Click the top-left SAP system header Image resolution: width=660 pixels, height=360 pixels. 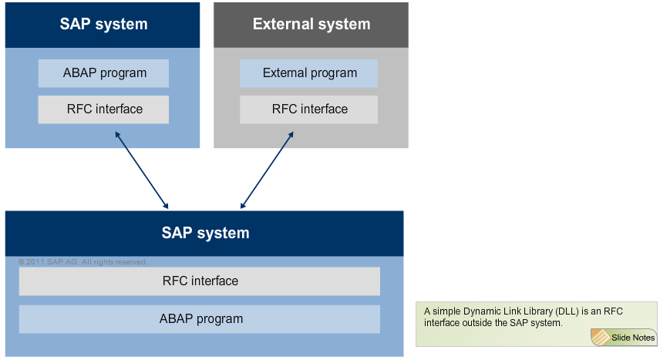[x=103, y=24]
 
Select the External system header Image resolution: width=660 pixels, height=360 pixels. [x=311, y=24]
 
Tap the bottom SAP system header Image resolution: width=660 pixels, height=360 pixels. [x=204, y=233]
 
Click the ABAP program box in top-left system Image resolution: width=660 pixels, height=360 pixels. [x=103, y=73]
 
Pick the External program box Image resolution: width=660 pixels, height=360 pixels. [x=308, y=73]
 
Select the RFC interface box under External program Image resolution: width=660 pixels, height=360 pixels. [x=308, y=109]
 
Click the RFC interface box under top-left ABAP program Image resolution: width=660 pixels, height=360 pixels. [x=103, y=109]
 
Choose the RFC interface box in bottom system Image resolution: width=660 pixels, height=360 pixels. [x=200, y=281]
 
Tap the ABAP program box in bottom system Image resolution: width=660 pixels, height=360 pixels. [x=200, y=318]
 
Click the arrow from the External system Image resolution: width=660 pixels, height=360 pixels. [x=267, y=170]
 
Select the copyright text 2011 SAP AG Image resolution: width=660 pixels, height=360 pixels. [x=82, y=262]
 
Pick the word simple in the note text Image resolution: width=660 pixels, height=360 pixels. [x=445, y=311]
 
